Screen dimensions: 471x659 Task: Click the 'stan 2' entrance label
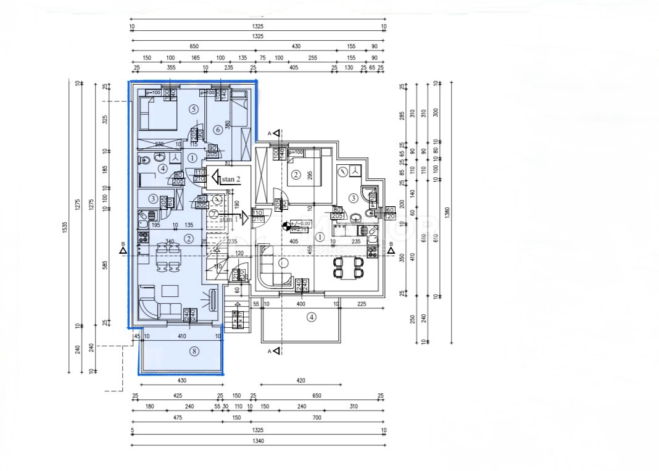[230, 178]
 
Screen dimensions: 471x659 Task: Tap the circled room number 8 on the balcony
[194, 351]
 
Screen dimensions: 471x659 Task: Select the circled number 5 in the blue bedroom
[194, 109]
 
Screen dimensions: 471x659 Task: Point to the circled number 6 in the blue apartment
[218, 129]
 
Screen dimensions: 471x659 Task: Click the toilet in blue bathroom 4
[145, 160]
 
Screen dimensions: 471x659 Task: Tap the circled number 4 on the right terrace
[312, 317]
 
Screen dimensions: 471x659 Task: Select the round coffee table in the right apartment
[283, 264]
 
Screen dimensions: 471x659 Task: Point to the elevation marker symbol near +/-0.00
[285, 226]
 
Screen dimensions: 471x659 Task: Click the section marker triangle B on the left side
[124, 249]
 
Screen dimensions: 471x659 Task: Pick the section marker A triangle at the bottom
[277, 351]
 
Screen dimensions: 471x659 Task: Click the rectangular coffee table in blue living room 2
[170, 290]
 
